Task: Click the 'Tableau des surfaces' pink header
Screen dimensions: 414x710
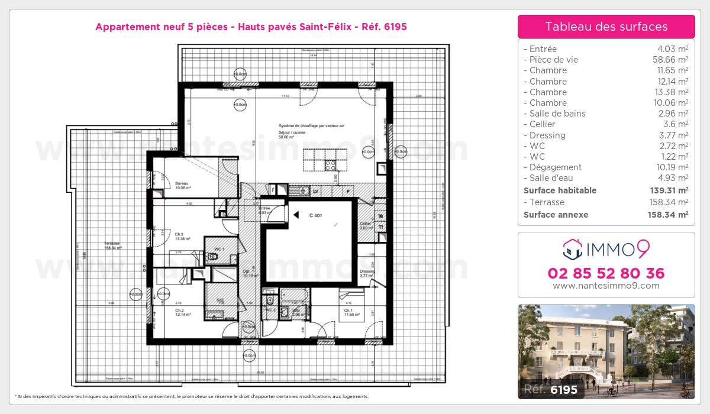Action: (x=606, y=27)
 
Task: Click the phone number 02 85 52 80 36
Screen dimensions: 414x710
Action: (x=606, y=273)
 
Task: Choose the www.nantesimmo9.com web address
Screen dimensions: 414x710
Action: (x=606, y=286)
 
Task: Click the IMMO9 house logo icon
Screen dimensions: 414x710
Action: (x=573, y=250)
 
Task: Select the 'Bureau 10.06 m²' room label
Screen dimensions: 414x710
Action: (x=183, y=186)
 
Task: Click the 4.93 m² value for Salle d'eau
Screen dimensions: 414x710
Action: (x=675, y=178)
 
